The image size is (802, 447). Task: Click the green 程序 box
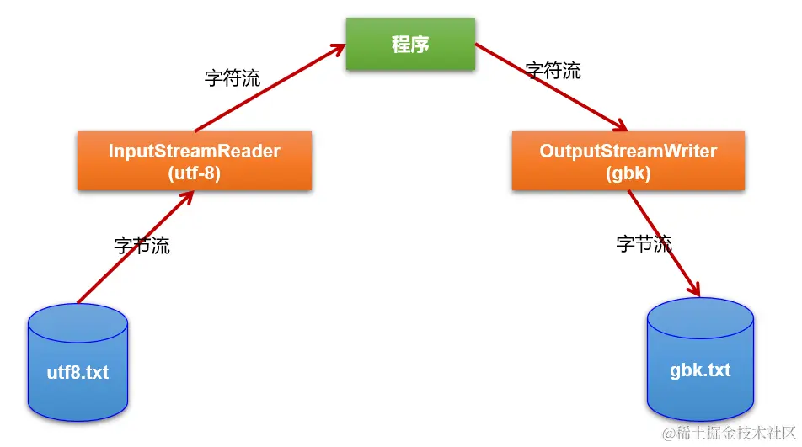pyautogui.click(x=410, y=45)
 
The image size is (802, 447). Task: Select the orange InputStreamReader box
pyautogui.click(x=194, y=161)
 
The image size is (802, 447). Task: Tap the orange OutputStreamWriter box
pyautogui.click(x=628, y=161)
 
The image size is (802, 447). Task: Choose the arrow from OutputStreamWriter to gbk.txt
pyautogui.click(x=666, y=244)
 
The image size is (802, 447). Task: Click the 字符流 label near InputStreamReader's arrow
pyautogui.click(x=233, y=78)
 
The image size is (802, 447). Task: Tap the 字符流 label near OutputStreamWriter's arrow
pyautogui.click(x=553, y=71)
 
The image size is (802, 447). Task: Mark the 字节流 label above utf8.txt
pyautogui.click(x=142, y=246)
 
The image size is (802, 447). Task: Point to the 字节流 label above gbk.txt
pyautogui.click(x=644, y=244)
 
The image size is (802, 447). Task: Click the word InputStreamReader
pyautogui.click(x=194, y=152)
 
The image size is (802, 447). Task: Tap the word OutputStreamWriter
pyautogui.click(x=628, y=152)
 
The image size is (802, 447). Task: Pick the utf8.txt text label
pyautogui.click(x=78, y=372)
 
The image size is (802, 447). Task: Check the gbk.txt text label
pyautogui.click(x=700, y=370)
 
